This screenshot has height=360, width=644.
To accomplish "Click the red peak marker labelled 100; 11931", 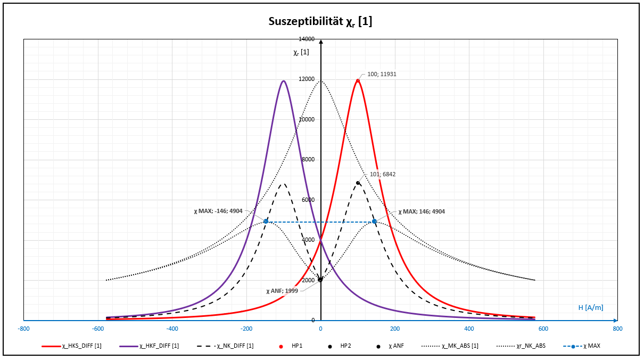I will tap(358, 80).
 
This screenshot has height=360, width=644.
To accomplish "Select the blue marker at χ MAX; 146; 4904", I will tap(375, 222).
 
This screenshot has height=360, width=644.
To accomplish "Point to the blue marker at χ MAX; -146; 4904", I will tap(266, 222).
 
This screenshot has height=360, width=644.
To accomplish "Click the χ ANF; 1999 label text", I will tap(282, 291).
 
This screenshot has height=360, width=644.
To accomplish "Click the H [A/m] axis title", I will tap(591, 307).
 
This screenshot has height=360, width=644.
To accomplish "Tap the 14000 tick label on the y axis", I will tap(307, 39).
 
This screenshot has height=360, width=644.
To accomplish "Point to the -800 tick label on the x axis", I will tap(24, 328).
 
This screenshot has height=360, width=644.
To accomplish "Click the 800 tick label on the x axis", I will tap(617, 328).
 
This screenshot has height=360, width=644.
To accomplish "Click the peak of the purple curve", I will tap(284, 81).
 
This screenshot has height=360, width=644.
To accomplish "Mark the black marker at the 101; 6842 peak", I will tap(358, 183).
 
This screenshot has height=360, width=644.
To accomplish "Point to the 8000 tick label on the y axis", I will tap(308, 160).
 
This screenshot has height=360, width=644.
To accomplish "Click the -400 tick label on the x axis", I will tap(172, 328).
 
